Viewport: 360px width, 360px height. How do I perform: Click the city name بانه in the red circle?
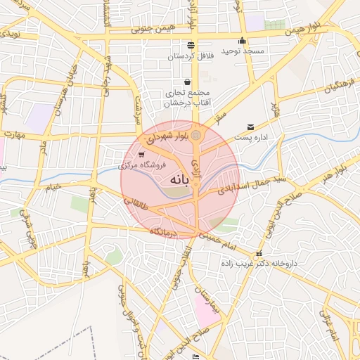[x=179, y=180]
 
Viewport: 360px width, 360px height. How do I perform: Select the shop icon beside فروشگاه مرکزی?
[x=142, y=154]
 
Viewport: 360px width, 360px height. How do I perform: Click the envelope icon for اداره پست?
[x=250, y=127]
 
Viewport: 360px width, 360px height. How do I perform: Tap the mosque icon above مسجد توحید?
[x=243, y=40]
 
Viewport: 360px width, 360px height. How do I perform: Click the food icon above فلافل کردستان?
[x=191, y=44]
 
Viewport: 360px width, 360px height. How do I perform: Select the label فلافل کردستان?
[x=191, y=55]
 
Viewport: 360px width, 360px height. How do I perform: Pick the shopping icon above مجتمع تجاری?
[x=186, y=82]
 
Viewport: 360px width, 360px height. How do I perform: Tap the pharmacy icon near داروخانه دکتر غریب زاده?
[x=259, y=253]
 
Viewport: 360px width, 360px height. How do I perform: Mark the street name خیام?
[x=53, y=186]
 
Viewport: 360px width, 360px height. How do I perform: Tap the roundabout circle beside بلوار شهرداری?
[x=196, y=134]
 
